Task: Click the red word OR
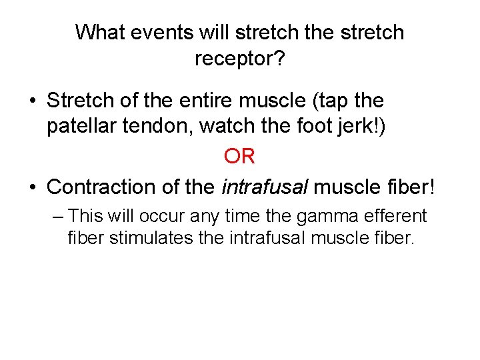tap(239, 156)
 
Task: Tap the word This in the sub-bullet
tap(84, 216)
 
